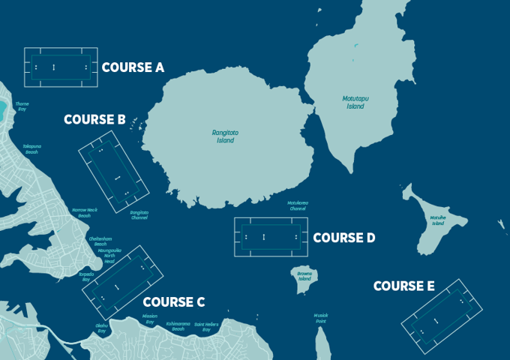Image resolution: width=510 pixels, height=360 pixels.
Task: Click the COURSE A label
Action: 133,67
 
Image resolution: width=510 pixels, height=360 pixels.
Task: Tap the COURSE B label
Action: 94,119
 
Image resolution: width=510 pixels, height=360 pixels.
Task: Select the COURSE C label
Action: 173,302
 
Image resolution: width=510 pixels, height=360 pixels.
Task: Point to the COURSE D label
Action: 343,238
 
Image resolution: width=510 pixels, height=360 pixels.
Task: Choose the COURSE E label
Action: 403,286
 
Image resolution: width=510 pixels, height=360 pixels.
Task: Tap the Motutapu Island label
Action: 355,103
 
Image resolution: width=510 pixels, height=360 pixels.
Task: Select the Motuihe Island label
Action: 438,220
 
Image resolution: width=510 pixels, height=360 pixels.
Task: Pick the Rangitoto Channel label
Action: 139,214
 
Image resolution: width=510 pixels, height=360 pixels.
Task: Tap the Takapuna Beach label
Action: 31,149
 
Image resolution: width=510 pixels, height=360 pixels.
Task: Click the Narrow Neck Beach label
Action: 84,213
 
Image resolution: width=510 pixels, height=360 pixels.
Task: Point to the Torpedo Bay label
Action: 86,277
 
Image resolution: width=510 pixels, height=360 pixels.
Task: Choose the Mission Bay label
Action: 149,319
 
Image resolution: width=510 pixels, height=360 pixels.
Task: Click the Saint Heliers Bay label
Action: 206,327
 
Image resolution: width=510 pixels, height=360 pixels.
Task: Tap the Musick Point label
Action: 321,318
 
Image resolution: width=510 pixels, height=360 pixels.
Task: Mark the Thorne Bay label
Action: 22,106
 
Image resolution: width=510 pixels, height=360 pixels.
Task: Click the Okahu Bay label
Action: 101,328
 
